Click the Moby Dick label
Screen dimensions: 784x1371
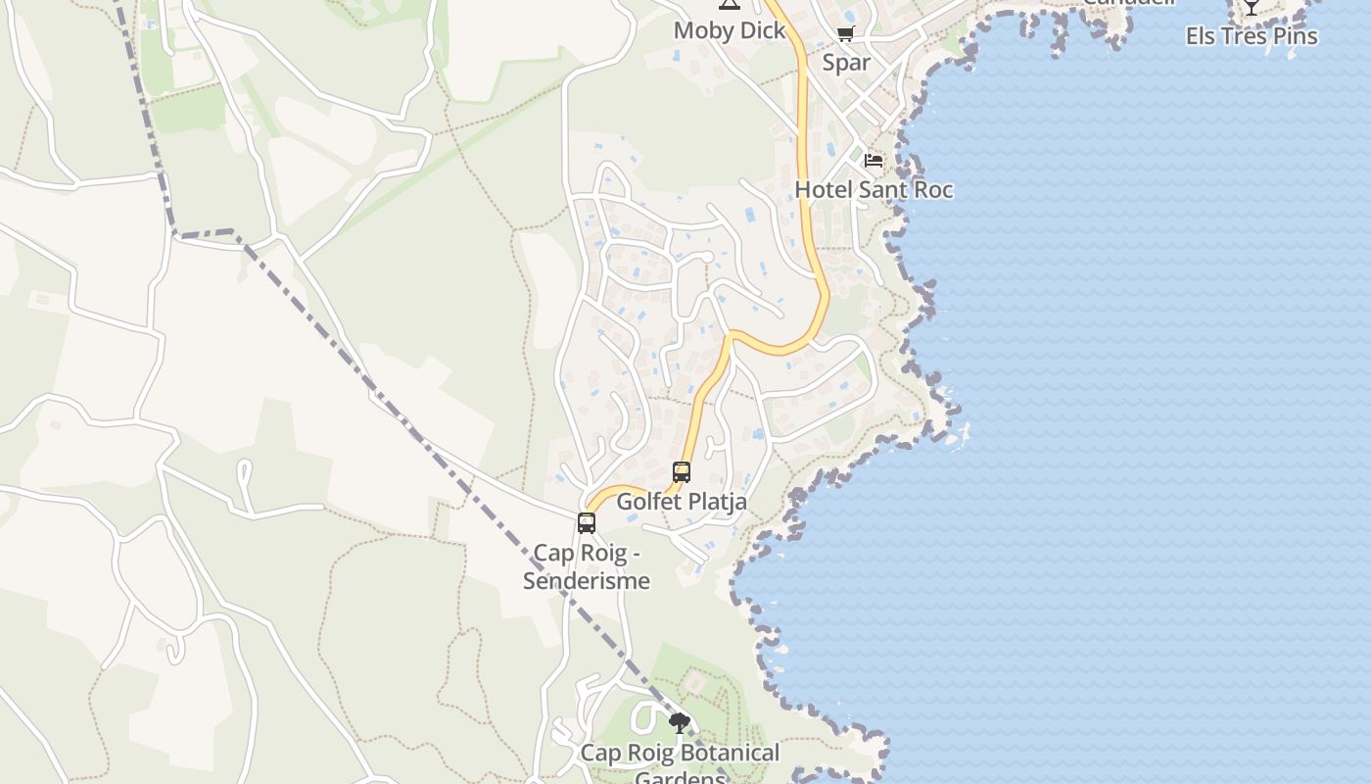(730, 30)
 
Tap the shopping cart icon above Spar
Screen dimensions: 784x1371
(845, 34)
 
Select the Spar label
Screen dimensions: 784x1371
(846, 63)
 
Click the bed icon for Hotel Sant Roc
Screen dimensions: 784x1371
(874, 160)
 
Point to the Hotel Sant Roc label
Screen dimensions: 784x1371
(874, 189)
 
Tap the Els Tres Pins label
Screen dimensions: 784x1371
(1251, 36)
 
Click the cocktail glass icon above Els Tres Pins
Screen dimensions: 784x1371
(1251, 7)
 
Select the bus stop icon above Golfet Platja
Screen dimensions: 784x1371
(682, 472)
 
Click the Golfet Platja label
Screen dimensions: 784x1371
(682, 502)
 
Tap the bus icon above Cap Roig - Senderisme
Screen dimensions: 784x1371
(587, 523)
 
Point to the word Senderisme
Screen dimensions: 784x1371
(587, 580)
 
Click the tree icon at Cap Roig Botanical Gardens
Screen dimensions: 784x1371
(680, 724)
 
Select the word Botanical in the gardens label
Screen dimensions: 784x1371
(723, 753)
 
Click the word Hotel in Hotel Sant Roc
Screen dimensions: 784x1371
(823, 189)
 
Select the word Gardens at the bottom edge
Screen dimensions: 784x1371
(681, 778)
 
